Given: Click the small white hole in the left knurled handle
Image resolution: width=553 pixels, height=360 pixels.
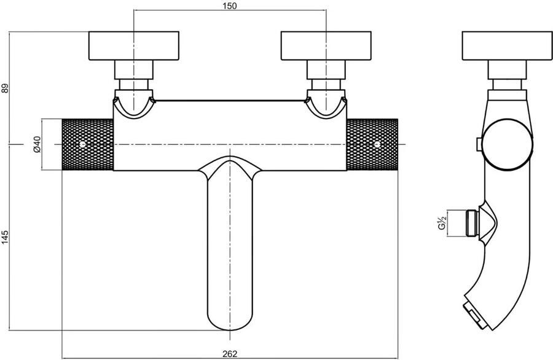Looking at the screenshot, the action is (x=82, y=144).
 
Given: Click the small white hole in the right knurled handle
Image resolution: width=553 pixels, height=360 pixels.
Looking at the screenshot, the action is (x=377, y=144).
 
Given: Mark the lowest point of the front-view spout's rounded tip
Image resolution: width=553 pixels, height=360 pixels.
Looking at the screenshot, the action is (x=230, y=331).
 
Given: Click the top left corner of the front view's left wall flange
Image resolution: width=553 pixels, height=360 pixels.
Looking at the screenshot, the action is (x=89, y=32).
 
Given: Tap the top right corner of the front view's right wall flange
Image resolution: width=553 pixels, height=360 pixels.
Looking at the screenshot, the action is (x=371, y=32).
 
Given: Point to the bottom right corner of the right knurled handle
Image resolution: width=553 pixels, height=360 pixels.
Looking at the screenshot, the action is (x=398, y=170).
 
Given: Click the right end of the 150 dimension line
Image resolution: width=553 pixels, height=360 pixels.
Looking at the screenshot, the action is (x=326, y=10).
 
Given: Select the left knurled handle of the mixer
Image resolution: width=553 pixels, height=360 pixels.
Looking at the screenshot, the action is (x=88, y=144).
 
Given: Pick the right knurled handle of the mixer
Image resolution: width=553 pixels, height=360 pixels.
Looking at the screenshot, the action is (x=372, y=144).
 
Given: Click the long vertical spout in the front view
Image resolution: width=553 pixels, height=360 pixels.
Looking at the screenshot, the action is (x=230, y=243).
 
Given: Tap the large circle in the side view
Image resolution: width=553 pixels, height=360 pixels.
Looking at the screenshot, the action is (x=508, y=144).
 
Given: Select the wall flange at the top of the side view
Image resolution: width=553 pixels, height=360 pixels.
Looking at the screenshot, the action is (x=508, y=46).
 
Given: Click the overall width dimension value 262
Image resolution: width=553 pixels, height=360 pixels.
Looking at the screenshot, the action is (x=230, y=353).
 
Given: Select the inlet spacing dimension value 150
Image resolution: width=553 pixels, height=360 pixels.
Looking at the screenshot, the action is (x=230, y=6).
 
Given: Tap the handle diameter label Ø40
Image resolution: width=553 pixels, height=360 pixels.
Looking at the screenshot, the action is (x=37, y=144).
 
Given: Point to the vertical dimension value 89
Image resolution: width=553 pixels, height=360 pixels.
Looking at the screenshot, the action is (x=5, y=88).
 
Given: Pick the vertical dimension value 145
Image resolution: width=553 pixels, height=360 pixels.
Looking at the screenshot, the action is (x=5, y=237).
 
